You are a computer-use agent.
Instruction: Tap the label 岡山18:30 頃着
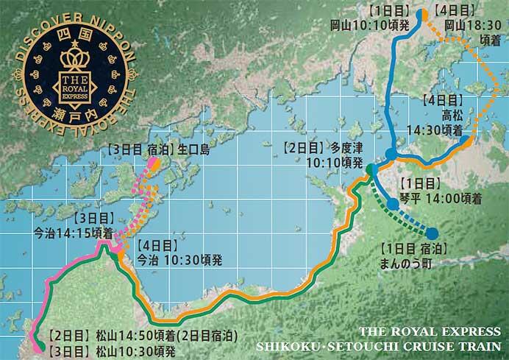pos(471,29)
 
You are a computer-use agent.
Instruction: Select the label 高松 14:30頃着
pos(449,122)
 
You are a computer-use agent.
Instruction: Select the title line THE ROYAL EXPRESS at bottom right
pos(430,331)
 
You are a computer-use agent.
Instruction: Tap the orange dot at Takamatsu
pos(466,142)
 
